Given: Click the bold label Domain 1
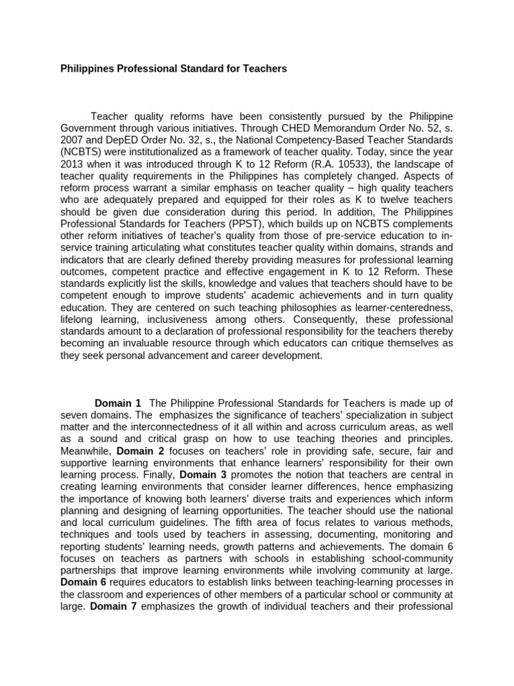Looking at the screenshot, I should coord(118,403).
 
